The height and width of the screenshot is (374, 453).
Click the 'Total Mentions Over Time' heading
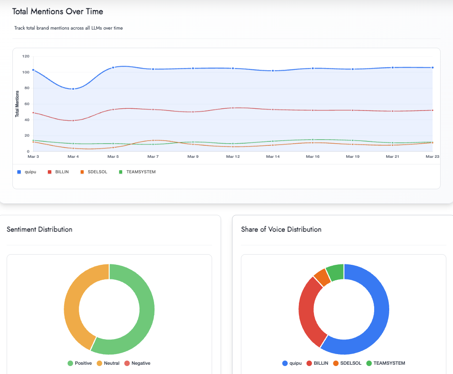[58, 11]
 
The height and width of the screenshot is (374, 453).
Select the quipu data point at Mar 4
[73, 89]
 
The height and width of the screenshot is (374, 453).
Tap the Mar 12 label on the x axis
[233, 156]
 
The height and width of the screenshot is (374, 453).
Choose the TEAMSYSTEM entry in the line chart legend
[137, 172]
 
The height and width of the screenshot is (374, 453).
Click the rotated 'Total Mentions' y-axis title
[17, 104]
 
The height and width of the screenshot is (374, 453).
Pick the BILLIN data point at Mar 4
[73, 120]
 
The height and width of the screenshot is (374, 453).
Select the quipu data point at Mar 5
[113, 68]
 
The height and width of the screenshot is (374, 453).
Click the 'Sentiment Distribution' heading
[39, 229]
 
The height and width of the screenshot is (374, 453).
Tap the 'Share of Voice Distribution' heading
[281, 229]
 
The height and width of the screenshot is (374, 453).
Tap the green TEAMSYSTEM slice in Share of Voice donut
[335, 272]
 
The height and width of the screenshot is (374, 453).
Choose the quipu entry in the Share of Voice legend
[292, 363]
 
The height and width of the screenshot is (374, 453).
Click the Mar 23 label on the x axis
[432, 156]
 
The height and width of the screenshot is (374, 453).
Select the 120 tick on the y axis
[25, 57]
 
